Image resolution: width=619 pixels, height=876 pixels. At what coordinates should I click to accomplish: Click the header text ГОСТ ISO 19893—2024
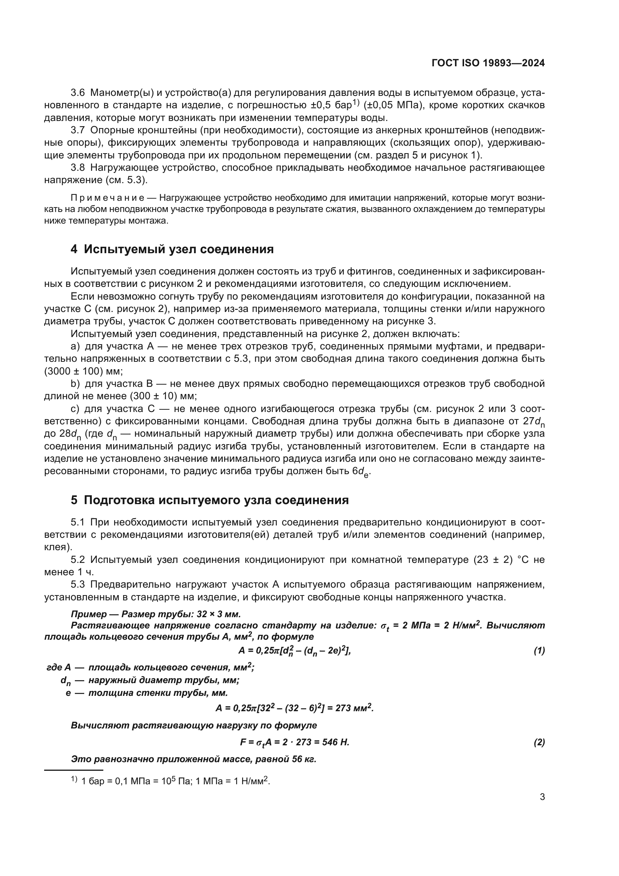pos(488,63)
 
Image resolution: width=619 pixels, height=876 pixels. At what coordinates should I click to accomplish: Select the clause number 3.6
pos(78,93)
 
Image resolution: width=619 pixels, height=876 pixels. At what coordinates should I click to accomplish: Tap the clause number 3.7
pos(78,130)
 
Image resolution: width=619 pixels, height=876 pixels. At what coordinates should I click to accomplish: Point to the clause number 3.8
pos(78,168)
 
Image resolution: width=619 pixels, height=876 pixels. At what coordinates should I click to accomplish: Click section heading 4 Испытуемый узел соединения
pos(172,249)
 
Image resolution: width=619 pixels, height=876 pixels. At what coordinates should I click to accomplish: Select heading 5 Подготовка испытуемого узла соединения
pos(210,500)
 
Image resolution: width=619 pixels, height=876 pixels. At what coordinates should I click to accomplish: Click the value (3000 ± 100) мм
pos(83,371)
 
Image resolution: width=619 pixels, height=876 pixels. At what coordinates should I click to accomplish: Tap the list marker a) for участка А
pos(75,346)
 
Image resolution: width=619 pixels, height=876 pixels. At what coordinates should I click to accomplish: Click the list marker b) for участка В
pos(75,384)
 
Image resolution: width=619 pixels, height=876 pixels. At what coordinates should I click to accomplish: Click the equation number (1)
pos(539,651)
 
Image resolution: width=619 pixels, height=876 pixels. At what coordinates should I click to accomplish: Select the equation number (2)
pos(539,742)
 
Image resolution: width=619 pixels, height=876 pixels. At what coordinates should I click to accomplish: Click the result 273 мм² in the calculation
pos(354,708)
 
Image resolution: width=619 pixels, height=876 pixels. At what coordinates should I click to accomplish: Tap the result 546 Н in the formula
pos(335,742)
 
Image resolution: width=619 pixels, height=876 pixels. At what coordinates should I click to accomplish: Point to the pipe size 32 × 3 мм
pos(219,614)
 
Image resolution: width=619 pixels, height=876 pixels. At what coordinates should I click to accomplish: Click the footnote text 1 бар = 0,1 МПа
pos(118,781)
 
